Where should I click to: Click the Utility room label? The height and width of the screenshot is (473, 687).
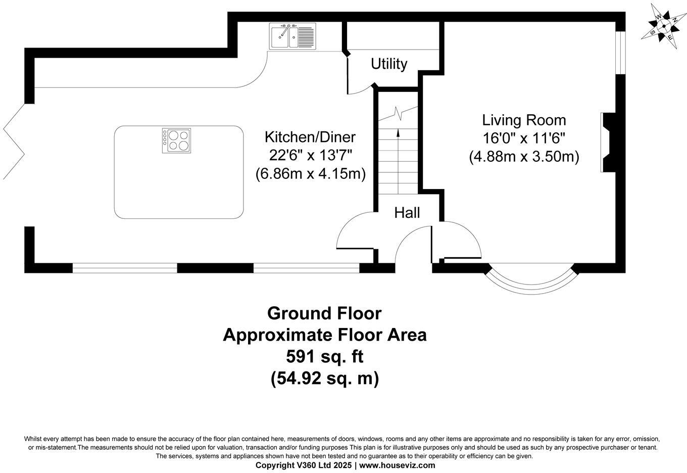pos(389,64)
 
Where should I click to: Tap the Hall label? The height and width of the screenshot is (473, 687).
pos(407,213)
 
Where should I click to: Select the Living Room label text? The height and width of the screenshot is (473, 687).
pos(524,120)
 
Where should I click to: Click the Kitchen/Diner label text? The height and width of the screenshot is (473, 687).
pos(310,137)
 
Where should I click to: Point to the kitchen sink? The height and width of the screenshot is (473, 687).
pos(292,36)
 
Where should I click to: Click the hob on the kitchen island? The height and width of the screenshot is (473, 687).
pos(176,140)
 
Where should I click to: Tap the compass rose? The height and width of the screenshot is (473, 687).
pos(663,27)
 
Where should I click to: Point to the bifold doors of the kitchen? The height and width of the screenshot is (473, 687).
pos(14,141)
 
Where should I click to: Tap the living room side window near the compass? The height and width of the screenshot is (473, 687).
pos(620,53)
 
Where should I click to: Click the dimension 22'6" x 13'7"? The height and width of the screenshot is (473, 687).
pos(310,156)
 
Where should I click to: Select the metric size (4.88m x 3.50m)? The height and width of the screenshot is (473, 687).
pos(524,157)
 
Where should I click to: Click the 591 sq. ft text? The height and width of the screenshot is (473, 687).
pos(325,356)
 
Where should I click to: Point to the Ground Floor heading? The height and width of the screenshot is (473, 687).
pos(324,313)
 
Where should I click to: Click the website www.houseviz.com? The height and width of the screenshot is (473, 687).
pos(397,465)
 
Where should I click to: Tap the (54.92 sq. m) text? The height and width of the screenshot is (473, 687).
pos(325,378)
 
